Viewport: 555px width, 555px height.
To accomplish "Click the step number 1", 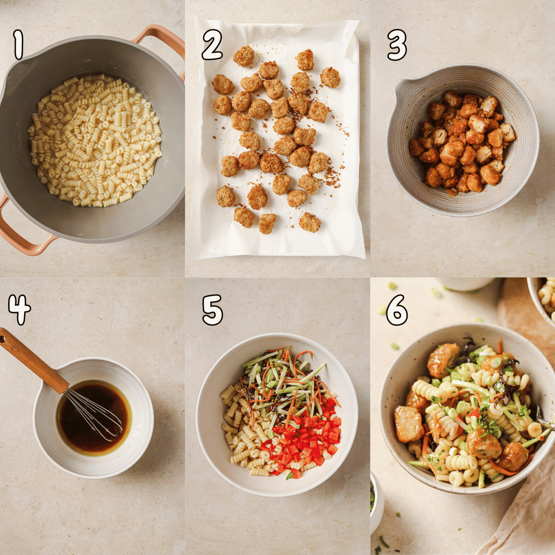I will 18,45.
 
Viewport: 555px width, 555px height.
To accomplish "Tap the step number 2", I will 212,45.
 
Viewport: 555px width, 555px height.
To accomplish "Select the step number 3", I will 397,45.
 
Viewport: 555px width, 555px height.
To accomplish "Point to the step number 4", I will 19,309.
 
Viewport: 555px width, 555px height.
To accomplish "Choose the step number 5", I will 212,310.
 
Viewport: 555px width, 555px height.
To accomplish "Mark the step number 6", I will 397,310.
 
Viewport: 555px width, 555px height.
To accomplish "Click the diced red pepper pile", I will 307,440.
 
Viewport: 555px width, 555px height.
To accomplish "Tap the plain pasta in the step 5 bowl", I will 240,425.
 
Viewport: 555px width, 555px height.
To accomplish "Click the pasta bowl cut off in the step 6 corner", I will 546,296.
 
